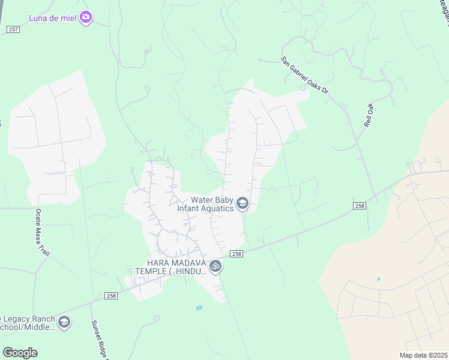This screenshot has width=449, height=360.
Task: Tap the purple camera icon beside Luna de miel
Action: click(86, 17)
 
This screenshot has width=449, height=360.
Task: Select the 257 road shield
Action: click(13, 29)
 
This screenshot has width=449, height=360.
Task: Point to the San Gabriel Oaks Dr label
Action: click(305, 76)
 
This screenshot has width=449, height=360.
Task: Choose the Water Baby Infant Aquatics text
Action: click(205, 205)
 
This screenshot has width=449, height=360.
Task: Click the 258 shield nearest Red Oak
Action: click(359, 206)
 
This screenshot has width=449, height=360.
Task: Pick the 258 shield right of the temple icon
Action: click(237, 254)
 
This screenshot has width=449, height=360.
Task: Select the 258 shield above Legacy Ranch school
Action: click(111, 296)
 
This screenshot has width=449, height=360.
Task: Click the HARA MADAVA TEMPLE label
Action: click(177, 267)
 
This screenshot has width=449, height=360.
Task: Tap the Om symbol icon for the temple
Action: click(215, 267)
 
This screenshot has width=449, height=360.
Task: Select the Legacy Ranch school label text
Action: click(27, 323)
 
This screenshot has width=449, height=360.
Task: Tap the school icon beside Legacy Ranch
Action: click(64, 323)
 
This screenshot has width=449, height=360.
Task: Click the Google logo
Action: click(20, 353)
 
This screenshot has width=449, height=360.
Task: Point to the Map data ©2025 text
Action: click(424, 355)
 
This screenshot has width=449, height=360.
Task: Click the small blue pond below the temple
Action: click(199, 308)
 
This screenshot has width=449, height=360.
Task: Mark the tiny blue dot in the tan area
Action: click(378, 279)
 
